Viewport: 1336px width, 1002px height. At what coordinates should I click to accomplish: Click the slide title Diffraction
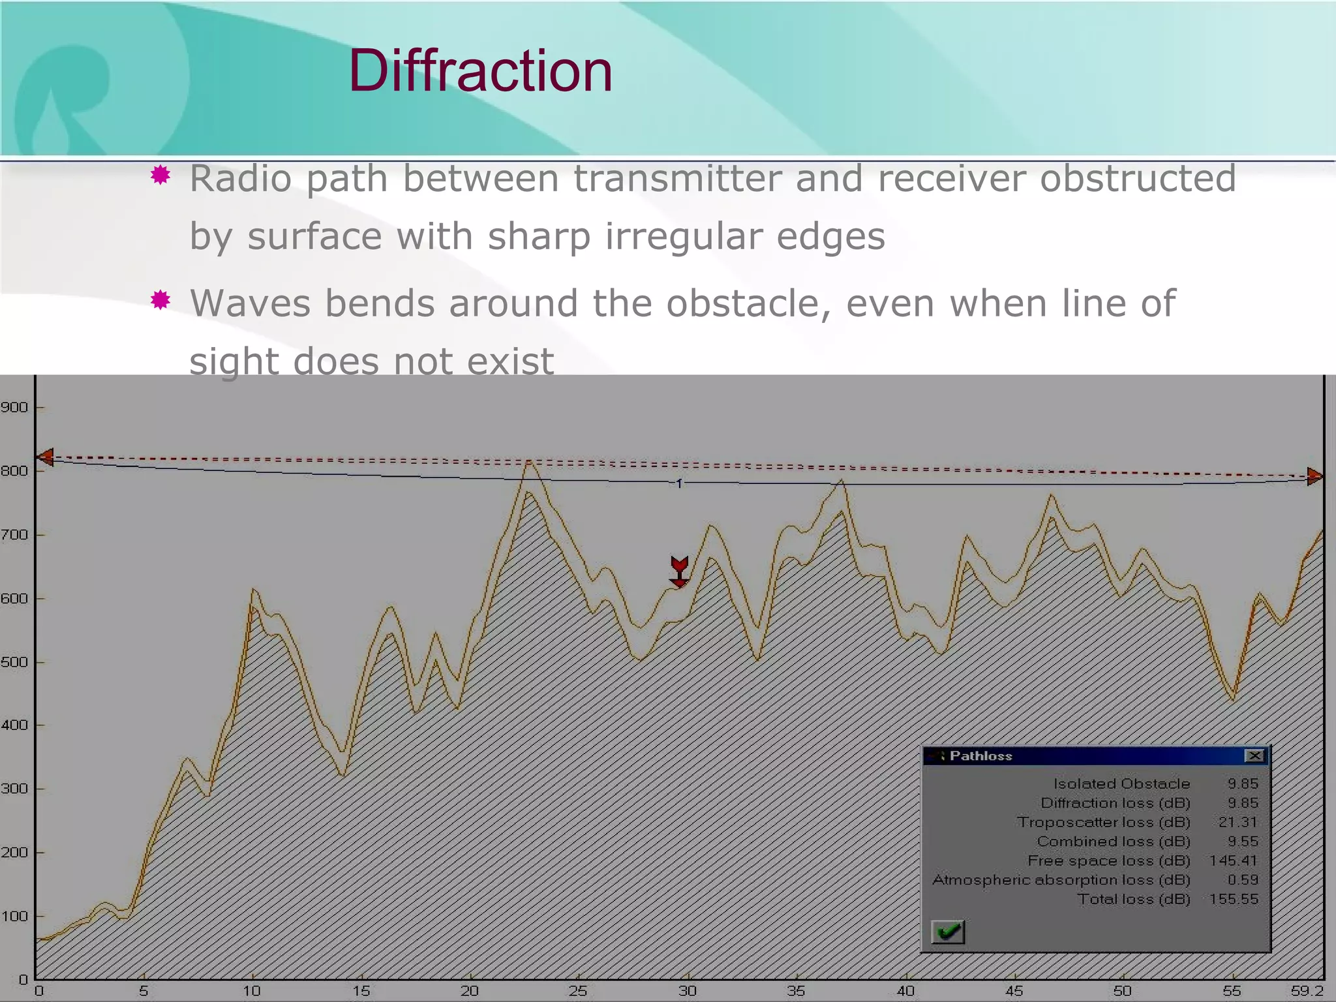(x=480, y=70)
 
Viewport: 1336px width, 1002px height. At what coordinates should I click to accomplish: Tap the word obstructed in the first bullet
(x=1137, y=178)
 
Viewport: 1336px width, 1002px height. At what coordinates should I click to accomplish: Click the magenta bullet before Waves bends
(x=160, y=300)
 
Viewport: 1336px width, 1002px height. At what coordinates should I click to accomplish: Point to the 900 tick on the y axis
(x=14, y=408)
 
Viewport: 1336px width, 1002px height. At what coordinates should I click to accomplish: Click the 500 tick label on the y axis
(x=14, y=662)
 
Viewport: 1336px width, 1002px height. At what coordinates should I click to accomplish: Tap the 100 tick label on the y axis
(x=14, y=916)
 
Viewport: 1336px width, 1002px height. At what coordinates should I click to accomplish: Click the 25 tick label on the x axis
(x=578, y=991)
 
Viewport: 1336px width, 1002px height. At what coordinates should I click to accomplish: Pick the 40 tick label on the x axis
(x=905, y=991)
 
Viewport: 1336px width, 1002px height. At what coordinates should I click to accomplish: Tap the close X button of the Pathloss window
(x=1254, y=756)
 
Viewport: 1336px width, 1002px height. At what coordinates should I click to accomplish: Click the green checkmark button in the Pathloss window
(x=948, y=932)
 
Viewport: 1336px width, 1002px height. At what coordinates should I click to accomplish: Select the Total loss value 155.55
(x=1233, y=899)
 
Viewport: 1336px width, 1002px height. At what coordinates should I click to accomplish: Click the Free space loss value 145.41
(x=1233, y=860)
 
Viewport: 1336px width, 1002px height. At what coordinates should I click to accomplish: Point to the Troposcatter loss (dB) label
(x=1103, y=822)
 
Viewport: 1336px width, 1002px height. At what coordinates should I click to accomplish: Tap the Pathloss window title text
(x=980, y=756)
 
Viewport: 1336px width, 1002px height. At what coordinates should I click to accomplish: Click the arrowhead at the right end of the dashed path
(x=1314, y=476)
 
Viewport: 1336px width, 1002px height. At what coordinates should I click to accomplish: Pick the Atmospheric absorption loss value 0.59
(x=1242, y=879)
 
